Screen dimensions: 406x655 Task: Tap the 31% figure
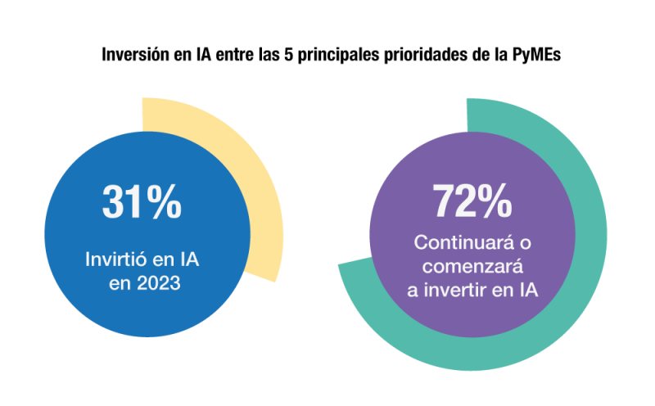(x=142, y=201)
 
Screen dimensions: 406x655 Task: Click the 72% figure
(x=472, y=201)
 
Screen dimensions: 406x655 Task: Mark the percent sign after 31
(x=164, y=201)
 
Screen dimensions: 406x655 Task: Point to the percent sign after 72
(x=495, y=201)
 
